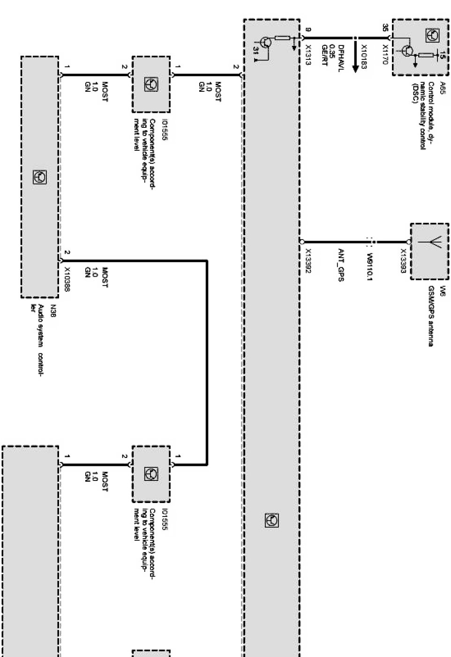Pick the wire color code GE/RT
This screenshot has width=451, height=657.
click(x=324, y=55)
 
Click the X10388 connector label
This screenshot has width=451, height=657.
click(x=67, y=279)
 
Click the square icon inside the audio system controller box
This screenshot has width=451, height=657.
click(x=40, y=177)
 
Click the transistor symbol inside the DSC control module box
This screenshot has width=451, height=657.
click(x=407, y=51)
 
